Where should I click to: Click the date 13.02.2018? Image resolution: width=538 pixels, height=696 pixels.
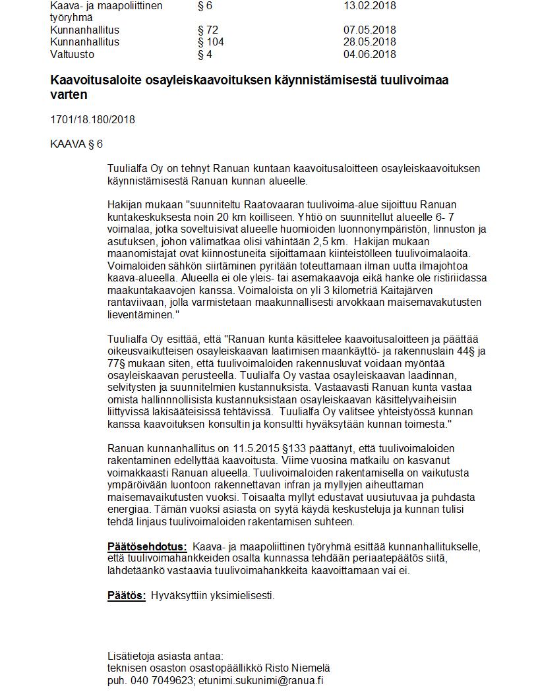tap(370, 6)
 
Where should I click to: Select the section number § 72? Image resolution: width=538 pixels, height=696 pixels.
tap(207, 30)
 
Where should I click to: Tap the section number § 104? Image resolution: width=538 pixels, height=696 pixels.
tap(210, 42)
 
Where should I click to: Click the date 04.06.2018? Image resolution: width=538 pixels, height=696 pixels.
tap(370, 55)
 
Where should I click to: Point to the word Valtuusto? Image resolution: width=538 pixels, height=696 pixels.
tap(72, 55)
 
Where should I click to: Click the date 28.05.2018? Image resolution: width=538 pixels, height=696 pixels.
tap(370, 42)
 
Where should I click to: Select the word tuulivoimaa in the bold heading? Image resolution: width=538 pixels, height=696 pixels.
tap(418, 80)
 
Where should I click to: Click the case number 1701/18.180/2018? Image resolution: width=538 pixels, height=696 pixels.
tap(92, 119)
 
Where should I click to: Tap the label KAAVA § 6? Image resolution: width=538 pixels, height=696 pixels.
tap(76, 144)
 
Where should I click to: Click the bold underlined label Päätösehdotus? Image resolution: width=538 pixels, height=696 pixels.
tap(147, 546)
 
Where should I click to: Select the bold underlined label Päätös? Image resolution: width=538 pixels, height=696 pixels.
tap(127, 595)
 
